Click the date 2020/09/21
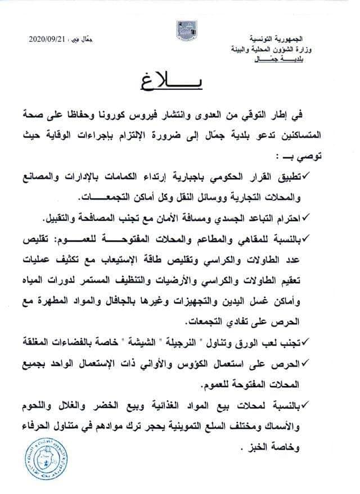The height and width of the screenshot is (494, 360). click(x=47, y=39)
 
